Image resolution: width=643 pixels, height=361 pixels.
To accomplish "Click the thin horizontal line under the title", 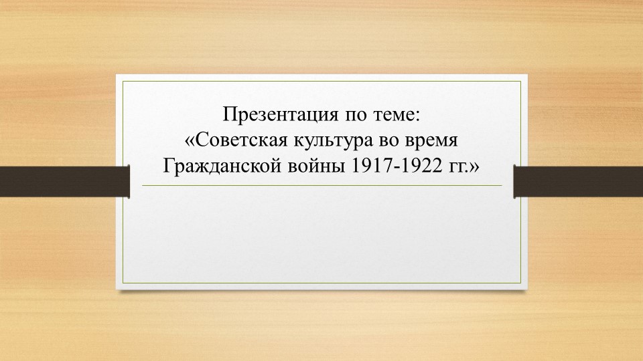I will (x=321, y=185).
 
